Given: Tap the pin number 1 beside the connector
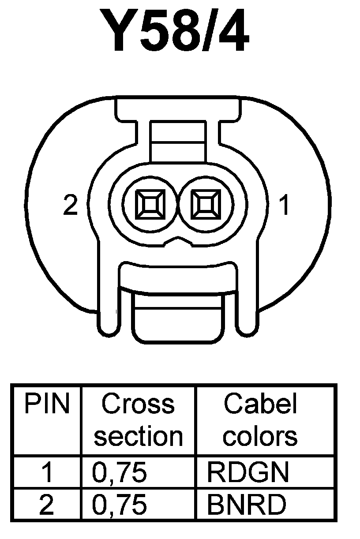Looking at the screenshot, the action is pyautogui.click(x=285, y=206).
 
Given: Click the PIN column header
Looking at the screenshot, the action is pyautogui.click(x=47, y=404).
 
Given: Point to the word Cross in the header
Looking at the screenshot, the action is pyautogui.click(x=138, y=404).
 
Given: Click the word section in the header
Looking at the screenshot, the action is pyautogui.click(x=138, y=436).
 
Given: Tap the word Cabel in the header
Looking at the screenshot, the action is pyautogui.click(x=260, y=404).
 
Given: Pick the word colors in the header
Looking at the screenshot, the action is pyautogui.click(x=260, y=436).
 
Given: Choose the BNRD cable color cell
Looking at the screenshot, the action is pyautogui.click(x=246, y=505).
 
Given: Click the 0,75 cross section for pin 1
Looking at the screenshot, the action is pyautogui.click(x=119, y=472).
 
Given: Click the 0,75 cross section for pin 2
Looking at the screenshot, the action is pyautogui.click(x=119, y=505).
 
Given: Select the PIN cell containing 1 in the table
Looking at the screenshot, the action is pyautogui.click(x=46, y=472).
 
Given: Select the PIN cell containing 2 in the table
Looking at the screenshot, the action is pyautogui.click(x=46, y=505).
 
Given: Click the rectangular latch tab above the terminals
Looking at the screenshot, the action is pyautogui.click(x=177, y=141).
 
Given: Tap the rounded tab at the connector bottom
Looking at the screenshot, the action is pyautogui.click(x=177, y=320).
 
